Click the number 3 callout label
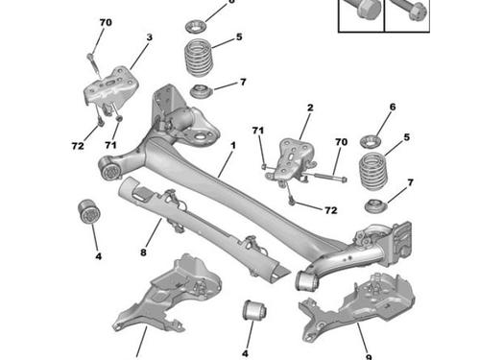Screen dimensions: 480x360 pyautogui.click(x=150, y=37)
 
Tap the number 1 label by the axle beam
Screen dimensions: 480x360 pyautogui.click(x=233, y=145)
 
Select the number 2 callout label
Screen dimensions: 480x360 pyautogui.click(x=310, y=108)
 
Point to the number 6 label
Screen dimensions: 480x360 pyautogui.click(x=393, y=107)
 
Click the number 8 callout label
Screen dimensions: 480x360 pyautogui.click(x=143, y=252)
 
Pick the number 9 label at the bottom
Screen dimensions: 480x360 pyautogui.click(x=369, y=357)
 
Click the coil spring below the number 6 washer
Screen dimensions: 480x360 pyautogui.click(x=373, y=171)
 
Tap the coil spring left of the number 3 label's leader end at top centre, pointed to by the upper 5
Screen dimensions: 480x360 pyautogui.click(x=199, y=58)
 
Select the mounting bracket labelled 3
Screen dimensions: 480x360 pyautogui.click(x=110, y=87)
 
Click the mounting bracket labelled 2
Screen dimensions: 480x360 pyautogui.click(x=292, y=160)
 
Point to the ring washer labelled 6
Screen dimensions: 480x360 pyautogui.click(x=371, y=141)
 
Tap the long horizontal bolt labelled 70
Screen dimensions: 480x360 pyautogui.click(x=326, y=177)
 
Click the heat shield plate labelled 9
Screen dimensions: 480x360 pyautogui.click(x=357, y=307)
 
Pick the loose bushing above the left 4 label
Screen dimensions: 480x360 pyautogui.click(x=90, y=212)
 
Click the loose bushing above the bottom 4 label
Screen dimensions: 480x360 pyautogui.click(x=255, y=310)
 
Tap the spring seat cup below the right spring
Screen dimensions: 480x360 pyautogui.click(x=376, y=206)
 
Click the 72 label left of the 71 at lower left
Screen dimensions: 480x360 pyautogui.click(x=78, y=146)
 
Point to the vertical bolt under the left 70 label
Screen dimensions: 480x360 pyautogui.click(x=94, y=66)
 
